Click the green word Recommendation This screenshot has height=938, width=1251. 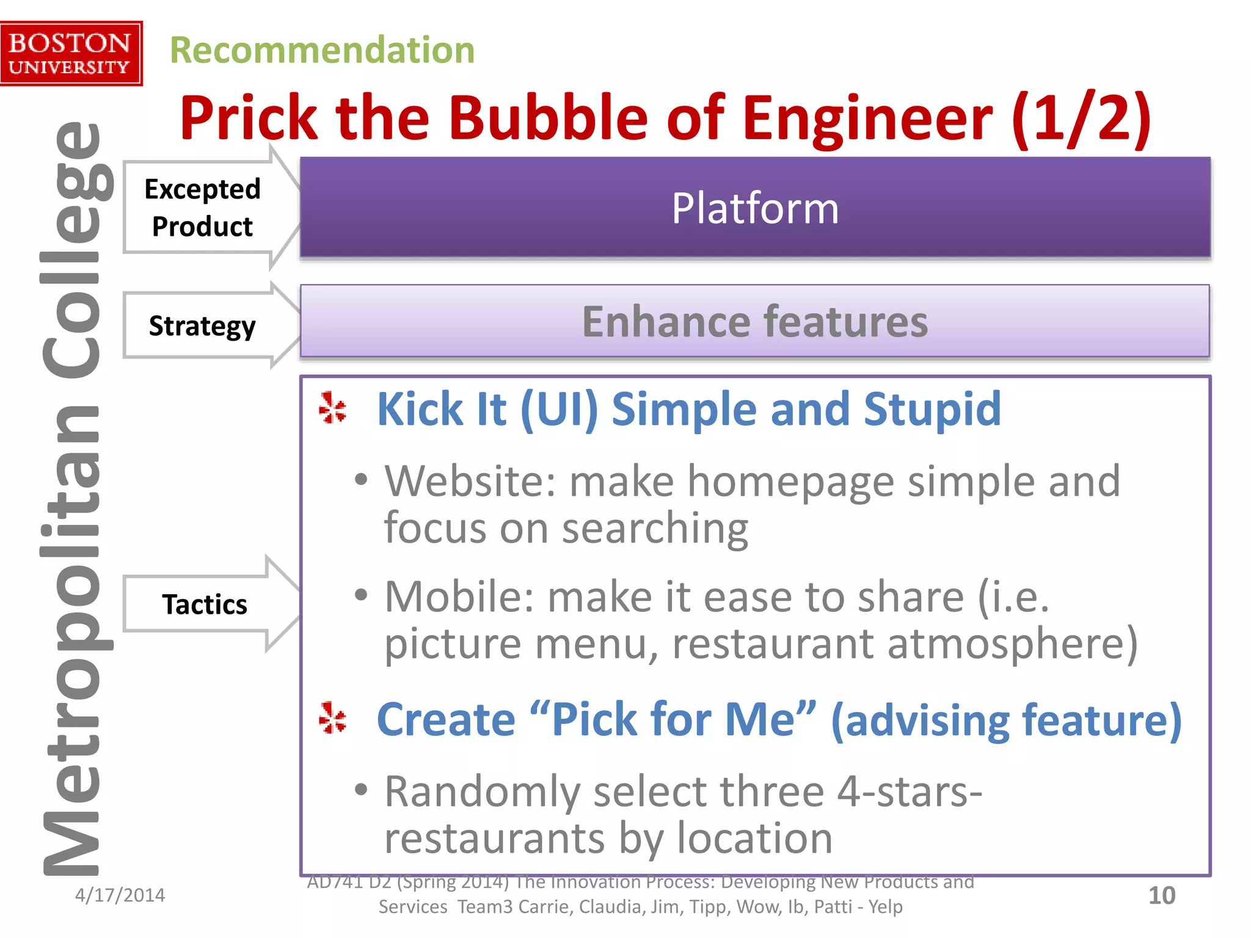[x=322, y=50]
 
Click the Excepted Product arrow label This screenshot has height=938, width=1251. [x=202, y=208]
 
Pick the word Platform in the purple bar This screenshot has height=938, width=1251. [x=755, y=208]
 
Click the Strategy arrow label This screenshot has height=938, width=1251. [x=202, y=325]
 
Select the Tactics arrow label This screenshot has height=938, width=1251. [x=205, y=605]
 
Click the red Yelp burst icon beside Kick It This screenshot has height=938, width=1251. [x=333, y=408]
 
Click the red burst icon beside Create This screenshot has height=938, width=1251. [x=333, y=718]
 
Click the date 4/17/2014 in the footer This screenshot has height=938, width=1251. [x=120, y=895]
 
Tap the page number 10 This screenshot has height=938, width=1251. [x=1161, y=896]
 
